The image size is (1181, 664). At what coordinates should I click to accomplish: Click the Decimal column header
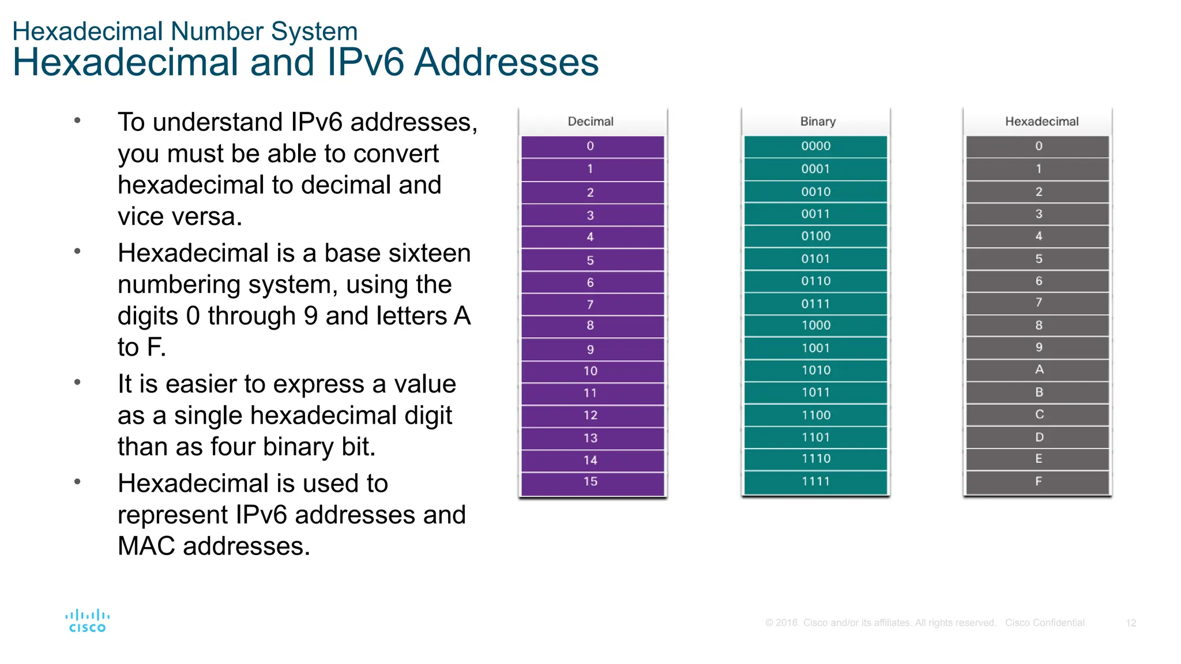pyautogui.click(x=590, y=122)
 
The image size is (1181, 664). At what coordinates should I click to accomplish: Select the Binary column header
pyautogui.click(x=818, y=122)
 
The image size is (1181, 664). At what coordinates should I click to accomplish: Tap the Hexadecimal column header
pyautogui.click(x=1041, y=122)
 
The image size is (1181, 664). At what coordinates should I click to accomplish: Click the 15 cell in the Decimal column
pyautogui.click(x=590, y=482)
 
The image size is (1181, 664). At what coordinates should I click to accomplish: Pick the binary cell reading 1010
pyautogui.click(x=816, y=370)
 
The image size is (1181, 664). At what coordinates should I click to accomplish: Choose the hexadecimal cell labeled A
pyautogui.click(x=1039, y=369)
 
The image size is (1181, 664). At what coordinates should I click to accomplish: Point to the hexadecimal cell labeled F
pyautogui.click(x=1039, y=481)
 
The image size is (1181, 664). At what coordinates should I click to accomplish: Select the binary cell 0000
pyautogui.click(x=816, y=146)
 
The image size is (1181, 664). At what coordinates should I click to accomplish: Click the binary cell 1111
pyautogui.click(x=816, y=481)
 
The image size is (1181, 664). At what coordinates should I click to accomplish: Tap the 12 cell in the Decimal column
pyautogui.click(x=590, y=415)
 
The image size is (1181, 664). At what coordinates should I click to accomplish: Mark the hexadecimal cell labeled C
pyautogui.click(x=1039, y=414)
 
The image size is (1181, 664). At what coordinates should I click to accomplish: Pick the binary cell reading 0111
pyautogui.click(x=816, y=304)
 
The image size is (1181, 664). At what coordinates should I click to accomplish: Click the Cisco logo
pyautogui.click(x=87, y=621)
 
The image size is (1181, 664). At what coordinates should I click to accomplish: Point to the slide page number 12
pyautogui.click(x=1131, y=623)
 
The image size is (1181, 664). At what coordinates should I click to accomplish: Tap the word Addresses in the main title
pyautogui.click(x=506, y=62)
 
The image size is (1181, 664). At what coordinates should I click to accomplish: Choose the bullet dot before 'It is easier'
pyautogui.click(x=77, y=382)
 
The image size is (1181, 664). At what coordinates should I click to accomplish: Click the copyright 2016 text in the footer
pyautogui.click(x=781, y=623)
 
